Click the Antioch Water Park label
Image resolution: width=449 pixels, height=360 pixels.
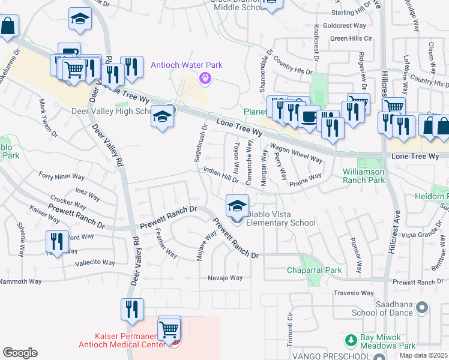coord(187,65)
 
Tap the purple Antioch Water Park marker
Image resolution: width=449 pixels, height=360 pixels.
coord(205,77)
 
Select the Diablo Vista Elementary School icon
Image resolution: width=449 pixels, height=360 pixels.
coord(237,206)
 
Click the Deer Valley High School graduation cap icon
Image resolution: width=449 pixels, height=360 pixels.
coord(162,116)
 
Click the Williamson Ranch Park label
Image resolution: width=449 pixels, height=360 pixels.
coord(372,175)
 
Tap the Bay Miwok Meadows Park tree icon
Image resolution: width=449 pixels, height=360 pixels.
coord(352,340)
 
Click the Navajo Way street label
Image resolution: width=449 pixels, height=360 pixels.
coord(225,278)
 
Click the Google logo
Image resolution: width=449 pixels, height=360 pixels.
coord(20,352)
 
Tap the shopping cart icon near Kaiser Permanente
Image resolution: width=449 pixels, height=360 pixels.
coord(170,329)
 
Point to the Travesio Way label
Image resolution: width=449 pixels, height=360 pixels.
coord(354,293)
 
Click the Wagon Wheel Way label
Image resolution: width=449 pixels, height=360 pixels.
coord(296,153)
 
